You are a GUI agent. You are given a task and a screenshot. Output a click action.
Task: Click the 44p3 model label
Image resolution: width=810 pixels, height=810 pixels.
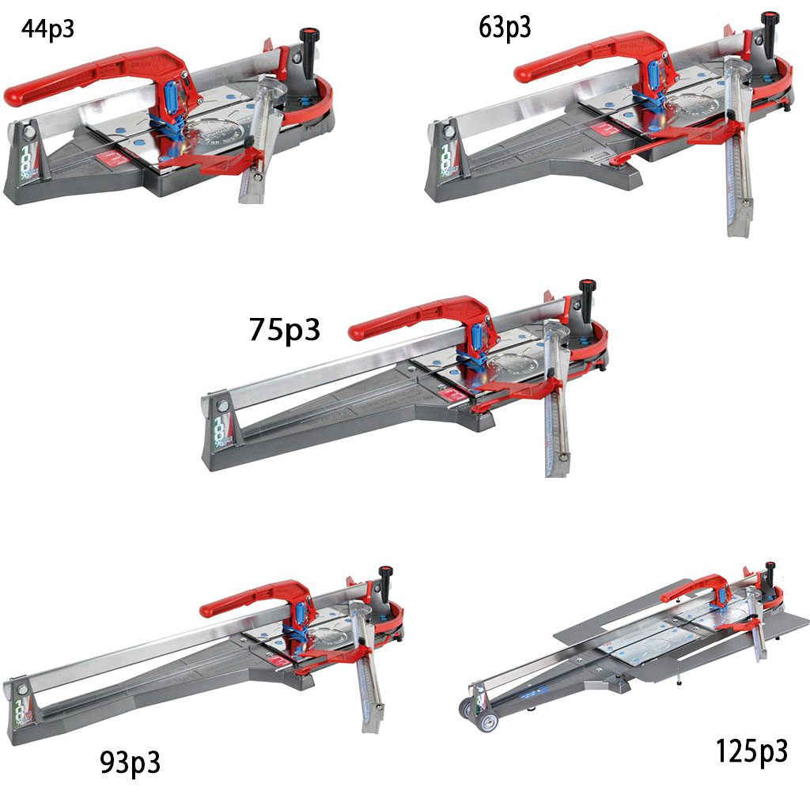pyautogui.click(x=47, y=29)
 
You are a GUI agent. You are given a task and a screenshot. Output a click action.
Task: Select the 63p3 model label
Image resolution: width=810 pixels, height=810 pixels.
pyautogui.click(x=505, y=28)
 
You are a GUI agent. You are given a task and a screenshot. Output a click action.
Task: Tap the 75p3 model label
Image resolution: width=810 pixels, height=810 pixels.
pyautogui.click(x=285, y=330)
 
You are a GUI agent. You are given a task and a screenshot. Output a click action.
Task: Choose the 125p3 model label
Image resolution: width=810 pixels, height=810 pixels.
pyautogui.click(x=751, y=751)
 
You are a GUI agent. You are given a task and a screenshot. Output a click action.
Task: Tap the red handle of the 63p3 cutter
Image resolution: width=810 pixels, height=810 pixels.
pyautogui.click(x=584, y=58)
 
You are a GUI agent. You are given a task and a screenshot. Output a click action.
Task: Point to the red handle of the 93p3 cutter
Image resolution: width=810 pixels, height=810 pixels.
pyautogui.click(x=253, y=600)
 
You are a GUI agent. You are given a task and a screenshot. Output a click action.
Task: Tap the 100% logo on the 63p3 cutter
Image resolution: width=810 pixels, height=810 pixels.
pyautogui.click(x=448, y=159)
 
